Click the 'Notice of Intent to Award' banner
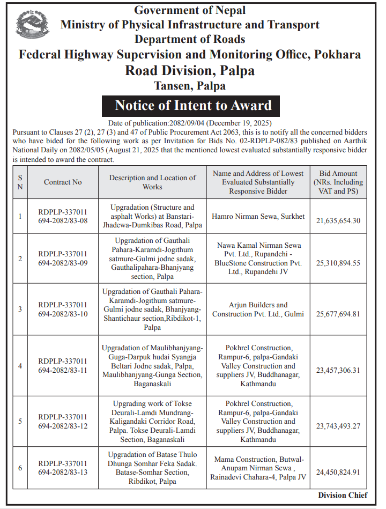tap(193, 105)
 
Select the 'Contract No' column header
tap(63, 182)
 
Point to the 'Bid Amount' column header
tap(338, 182)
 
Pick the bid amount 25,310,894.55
tap(338, 263)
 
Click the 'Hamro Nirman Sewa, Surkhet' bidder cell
tap(258, 217)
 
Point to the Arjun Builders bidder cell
tap(258, 309)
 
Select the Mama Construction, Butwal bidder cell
tap(258, 468)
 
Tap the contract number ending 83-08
tap(63, 217)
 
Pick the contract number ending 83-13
tap(63, 468)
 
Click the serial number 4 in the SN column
tap(20, 366)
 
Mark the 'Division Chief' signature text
tap(343, 495)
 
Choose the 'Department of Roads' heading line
tap(190, 39)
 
